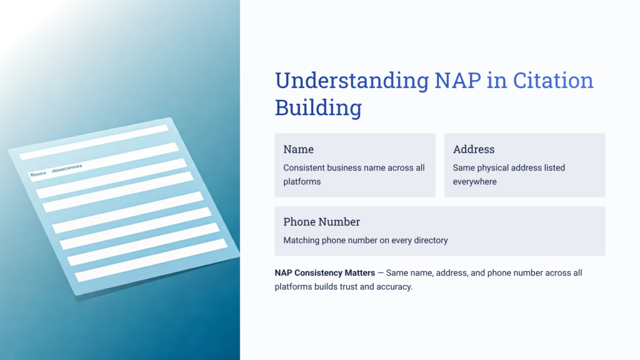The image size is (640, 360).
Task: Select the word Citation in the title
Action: pos(553,81)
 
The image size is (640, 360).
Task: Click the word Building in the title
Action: pos(318,107)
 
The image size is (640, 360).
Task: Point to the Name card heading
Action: pos(298,149)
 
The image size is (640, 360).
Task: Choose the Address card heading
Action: pos(474,149)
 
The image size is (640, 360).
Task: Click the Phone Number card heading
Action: pos(321,222)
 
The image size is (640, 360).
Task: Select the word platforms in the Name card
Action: pos(302,181)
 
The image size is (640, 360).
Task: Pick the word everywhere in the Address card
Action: pos(475,181)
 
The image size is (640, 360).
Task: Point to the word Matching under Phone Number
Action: pos(302,240)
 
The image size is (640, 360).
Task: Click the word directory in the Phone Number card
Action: pos(429,240)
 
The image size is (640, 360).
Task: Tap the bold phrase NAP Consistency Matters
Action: pos(324,273)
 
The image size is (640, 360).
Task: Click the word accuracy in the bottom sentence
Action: pos(392,287)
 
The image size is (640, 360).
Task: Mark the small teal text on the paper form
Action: pos(56,171)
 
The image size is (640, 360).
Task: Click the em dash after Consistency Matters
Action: pos(381,273)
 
